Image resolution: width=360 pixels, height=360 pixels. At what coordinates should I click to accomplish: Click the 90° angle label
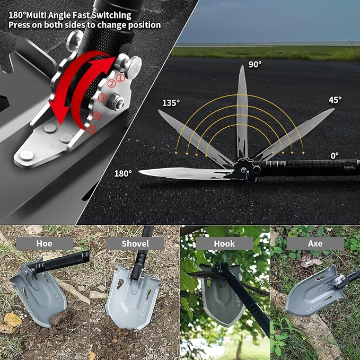tap(255, 64)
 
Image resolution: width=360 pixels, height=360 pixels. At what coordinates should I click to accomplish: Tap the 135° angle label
tap(171, 103)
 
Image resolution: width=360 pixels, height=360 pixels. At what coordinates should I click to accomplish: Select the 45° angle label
tap(335, 100)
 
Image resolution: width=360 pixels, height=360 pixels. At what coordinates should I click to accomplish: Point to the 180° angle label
tap(124, 173)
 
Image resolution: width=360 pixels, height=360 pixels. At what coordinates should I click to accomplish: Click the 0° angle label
tap(335, 156)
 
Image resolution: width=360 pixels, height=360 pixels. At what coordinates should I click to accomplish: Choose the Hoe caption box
tap(45, 243)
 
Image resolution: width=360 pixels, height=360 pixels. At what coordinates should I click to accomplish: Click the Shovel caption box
tap(135, 243)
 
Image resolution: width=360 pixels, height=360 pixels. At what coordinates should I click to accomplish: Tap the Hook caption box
tap(224, 243)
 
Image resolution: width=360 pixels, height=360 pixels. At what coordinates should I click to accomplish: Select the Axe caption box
tap(315, 243)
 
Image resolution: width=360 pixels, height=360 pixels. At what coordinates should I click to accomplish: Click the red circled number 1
tap(121, 78)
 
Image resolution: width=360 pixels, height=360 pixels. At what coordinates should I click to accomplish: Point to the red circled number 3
tap(102, 98)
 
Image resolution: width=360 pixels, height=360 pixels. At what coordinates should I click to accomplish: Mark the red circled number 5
tap(92, 130)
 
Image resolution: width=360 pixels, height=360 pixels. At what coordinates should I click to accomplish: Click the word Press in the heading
tap(19, 25)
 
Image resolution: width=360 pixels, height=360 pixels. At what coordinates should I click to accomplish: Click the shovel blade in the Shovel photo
tap(133, 298)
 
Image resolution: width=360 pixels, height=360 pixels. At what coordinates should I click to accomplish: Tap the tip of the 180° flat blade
tap(139, 171)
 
